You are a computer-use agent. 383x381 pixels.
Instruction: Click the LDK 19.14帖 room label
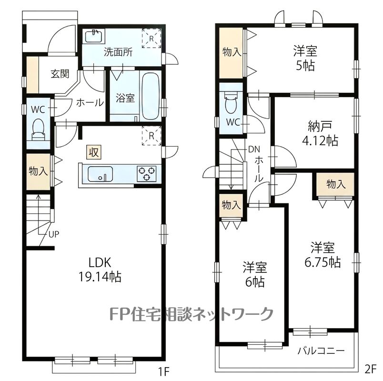[x=100, y=270]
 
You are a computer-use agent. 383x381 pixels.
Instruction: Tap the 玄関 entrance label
[x=60, y=73]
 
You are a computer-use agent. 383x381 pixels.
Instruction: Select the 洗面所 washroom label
[x=118, y=52]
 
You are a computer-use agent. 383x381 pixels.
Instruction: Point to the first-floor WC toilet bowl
[x=38, y=129]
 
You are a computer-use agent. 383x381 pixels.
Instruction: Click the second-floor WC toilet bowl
[x=231, y=102]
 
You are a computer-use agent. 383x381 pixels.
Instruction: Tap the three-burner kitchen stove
[x=147, y=173]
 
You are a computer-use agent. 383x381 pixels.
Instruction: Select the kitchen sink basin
[x=100, y=174]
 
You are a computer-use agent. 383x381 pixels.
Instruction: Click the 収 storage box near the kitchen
[x=93, y=152]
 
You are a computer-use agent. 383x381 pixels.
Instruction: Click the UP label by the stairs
[x=54, y=234]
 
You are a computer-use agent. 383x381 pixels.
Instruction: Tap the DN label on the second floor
[x=254, y=149]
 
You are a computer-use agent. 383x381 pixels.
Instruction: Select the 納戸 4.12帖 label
[x=320, y=133]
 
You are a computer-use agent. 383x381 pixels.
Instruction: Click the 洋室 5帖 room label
[x=305, y=58]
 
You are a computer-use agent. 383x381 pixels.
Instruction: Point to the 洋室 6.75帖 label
[x=323, y=255]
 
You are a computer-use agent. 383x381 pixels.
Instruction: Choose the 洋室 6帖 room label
[x=255, y=274]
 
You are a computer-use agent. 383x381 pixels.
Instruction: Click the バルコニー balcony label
[x=321, y=351]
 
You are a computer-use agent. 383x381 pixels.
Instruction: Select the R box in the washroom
[x=151, y=39]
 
